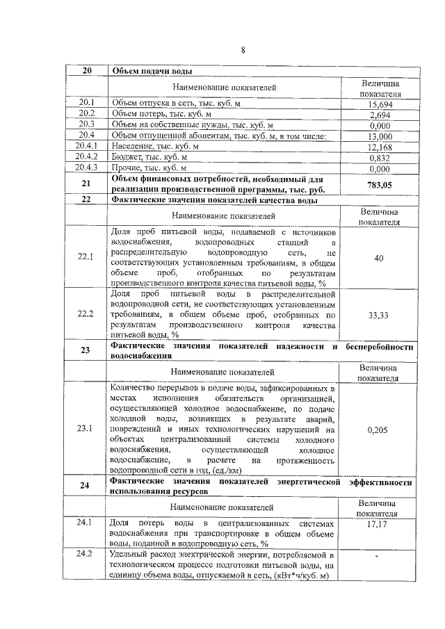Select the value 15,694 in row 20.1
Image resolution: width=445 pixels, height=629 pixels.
click(380, 104)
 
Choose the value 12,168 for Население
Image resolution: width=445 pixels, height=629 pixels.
click(380, 147)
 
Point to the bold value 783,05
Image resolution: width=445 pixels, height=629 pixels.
click(380, 184)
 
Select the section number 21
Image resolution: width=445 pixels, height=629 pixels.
click(86, 184)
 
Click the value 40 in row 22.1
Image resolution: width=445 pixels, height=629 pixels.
click(379, 259)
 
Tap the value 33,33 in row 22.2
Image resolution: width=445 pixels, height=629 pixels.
click(379, 315)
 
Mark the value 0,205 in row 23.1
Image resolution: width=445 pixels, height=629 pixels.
click(379, 430)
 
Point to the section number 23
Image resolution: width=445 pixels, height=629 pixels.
click(86, 350)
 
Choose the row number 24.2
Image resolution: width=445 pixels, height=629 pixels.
click(86, 554)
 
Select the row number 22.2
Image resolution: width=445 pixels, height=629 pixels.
click(86, 315)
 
